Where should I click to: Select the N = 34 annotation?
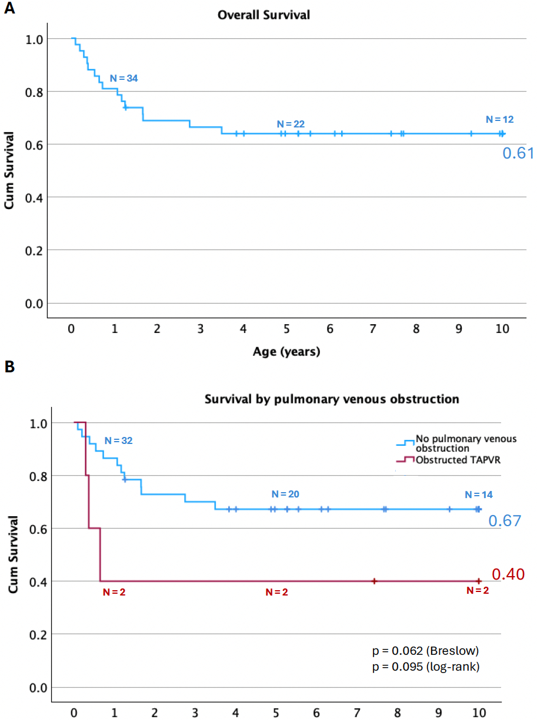(124, 78)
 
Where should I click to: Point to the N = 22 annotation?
(291, 124)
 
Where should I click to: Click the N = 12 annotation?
(499, 119)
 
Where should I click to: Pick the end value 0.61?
(517, 153)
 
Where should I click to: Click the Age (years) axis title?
(286, 352)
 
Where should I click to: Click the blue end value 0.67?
(505, 521)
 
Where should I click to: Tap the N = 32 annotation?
(118, 440)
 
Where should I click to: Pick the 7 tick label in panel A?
(373, 329)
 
